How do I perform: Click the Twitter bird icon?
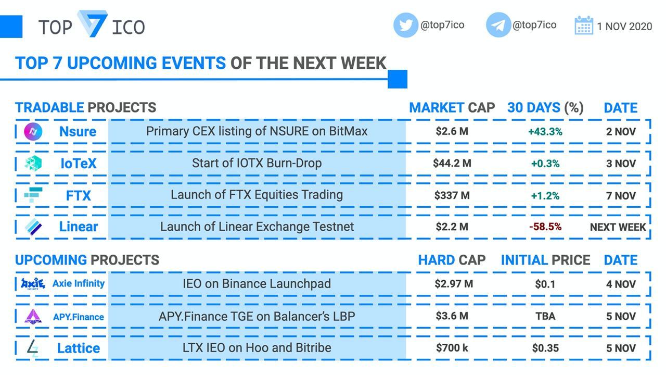coord(405,25)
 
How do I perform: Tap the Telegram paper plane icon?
coord(498,25)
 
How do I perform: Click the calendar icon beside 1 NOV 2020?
coord(584,25)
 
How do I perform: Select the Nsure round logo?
coord(33,132)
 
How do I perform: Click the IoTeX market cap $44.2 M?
coord(452,163)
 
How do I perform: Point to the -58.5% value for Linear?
coord(545,227)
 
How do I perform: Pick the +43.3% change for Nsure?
coord(545,132)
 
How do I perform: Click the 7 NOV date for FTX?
coord(621,196)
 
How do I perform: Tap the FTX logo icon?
coord(33,195)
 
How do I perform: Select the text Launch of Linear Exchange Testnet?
coord(257,227)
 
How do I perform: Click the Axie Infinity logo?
coord(33,283)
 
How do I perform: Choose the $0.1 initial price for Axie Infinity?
coord(545,284)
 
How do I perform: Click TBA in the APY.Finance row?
coord(545,316)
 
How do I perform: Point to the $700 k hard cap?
coord(452,347)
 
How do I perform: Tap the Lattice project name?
coord(79,348)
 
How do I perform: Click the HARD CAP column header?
coord(452,260)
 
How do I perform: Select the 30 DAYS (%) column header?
coord(545,107)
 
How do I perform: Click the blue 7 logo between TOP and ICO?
coord(93,24)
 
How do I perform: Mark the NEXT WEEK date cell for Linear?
coord(618,228)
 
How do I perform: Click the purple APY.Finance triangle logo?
coord(33,316)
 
